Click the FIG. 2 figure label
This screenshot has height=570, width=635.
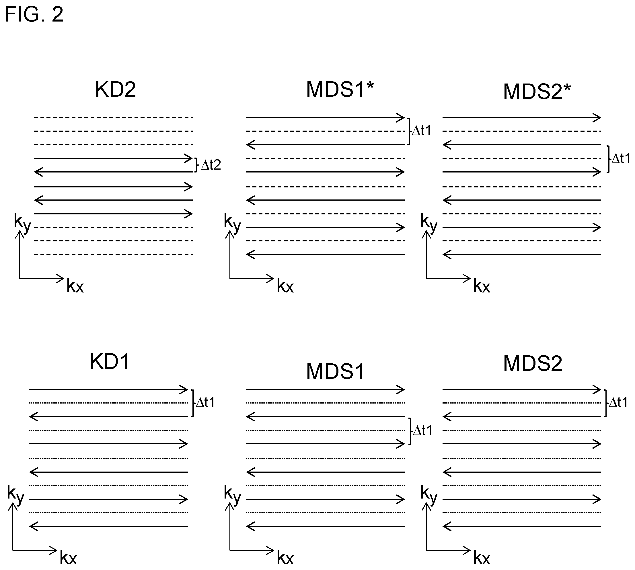click(x=34, y=14)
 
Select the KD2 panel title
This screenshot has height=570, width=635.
click(x=116, y=90)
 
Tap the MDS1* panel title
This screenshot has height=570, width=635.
click(x=340, y=90)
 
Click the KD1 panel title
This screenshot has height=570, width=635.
click(x=110, y=362)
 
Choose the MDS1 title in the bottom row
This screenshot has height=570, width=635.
click(x=335, y=372)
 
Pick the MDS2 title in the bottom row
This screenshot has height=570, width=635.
click(x=533, y=364)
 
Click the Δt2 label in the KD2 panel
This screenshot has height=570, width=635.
click(x=211, y=165)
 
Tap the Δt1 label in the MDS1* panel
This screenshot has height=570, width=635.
click(x=422, y=131)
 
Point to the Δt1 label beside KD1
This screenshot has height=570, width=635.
click(x=205, y=402)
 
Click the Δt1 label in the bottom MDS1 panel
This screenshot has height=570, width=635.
click(x=422, y=431)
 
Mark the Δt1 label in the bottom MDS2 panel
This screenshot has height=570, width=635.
click(x=618, y=402)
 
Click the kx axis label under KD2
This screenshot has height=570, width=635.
click(x=75, y=286)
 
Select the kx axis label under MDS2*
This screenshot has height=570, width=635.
click(x=482, y=286)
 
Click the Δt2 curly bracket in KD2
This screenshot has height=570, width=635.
click(x=196, y=165)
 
